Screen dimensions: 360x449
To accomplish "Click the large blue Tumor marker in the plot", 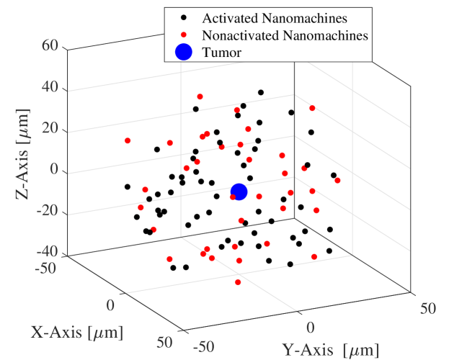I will point(239,192).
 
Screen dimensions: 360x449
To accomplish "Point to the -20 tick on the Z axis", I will point(46,213).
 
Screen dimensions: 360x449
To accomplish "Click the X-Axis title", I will point(76,332).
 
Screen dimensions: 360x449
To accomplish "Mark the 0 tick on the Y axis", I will point(311,328).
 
